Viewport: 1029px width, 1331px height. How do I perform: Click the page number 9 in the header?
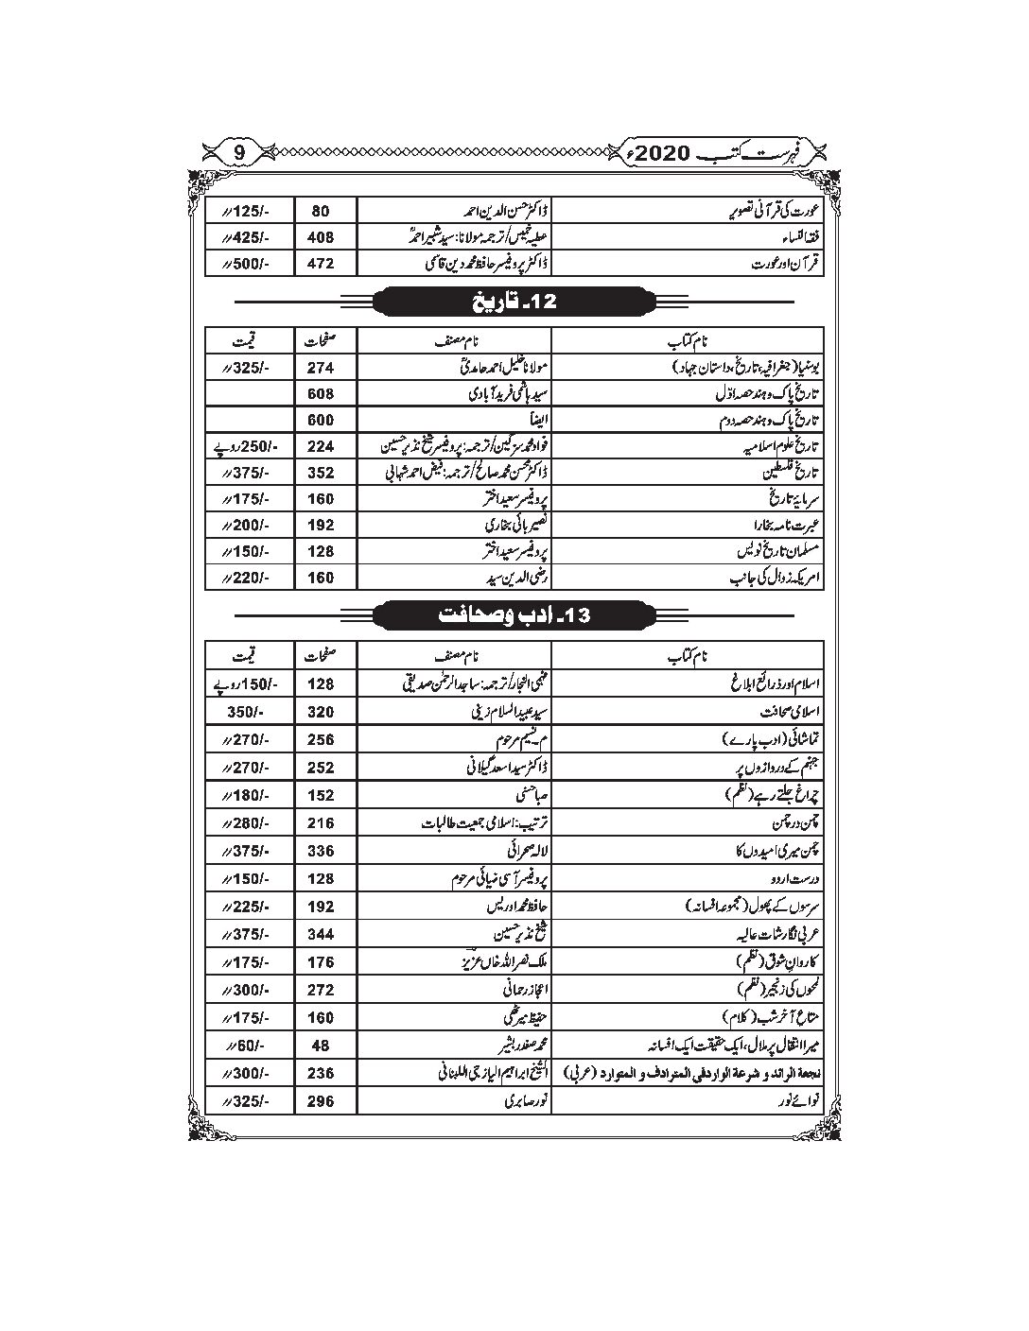239,149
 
